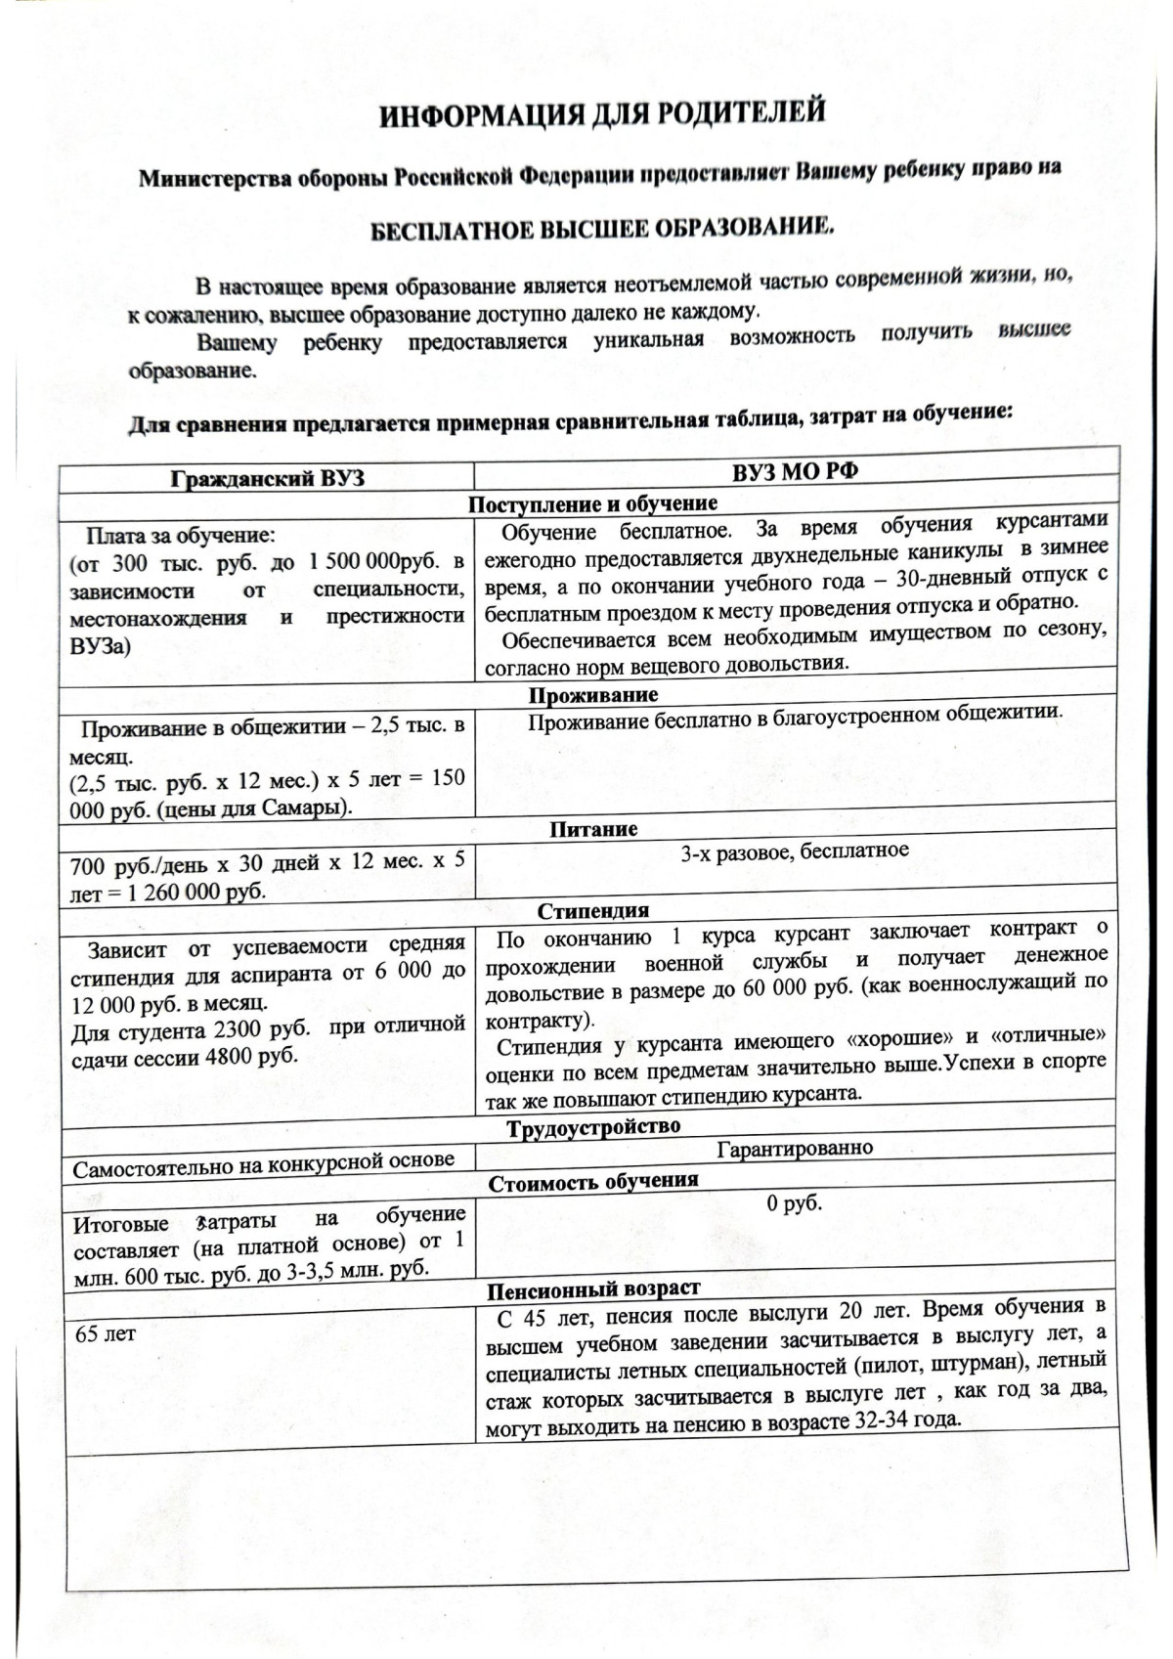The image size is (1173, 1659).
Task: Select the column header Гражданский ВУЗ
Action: (x=266, y=479)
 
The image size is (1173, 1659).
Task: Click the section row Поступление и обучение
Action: (x=592, y=503)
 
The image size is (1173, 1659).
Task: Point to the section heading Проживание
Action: (x=593, y=695)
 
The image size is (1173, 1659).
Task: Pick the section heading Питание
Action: (x=593, y=829)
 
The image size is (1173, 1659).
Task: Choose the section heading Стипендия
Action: (x=593, y=910)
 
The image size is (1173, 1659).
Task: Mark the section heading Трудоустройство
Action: (x=593, y=1127)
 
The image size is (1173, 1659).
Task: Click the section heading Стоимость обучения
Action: (x=593, y=1181)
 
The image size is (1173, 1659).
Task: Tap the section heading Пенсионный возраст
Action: (x=593, y=1288)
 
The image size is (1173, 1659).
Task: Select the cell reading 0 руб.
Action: (x=795, y=1203)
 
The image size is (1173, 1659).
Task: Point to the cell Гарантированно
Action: (x=795, y=1148)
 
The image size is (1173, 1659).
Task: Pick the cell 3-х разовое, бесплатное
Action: (x=795, y=851)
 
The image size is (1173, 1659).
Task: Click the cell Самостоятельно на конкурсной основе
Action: (x=264, y=1161)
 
